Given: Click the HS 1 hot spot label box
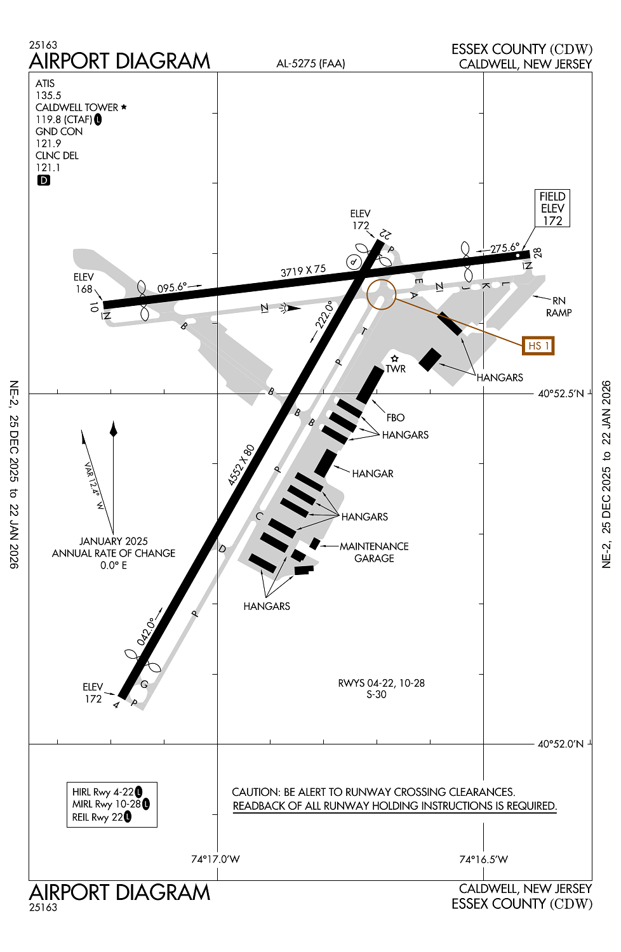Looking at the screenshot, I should tap(538, 346).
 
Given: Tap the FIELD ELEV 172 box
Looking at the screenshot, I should tap(552, 209).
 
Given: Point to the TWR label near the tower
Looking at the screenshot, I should tap(396, 369).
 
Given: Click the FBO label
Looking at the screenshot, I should tap(396, 418).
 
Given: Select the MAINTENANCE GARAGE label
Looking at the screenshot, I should tap(374, 552).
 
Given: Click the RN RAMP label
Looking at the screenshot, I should tap(559, 307).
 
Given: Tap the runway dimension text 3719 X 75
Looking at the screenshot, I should tap(303, 271).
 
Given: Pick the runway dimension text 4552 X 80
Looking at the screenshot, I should tap(241, 465).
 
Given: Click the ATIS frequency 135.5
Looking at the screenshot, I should tap(48, 95).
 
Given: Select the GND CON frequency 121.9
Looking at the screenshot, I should tap(48, 143).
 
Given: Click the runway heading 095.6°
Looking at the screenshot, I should tap(172, 288).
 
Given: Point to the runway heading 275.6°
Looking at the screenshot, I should tap(505, 248).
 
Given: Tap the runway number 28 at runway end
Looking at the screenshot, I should tap(538, 253).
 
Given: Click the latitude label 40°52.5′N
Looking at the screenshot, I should tap(561, 393).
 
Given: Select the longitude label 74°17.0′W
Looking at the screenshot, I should tap(215, 859).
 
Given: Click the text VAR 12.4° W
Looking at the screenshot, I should tap(93, 486).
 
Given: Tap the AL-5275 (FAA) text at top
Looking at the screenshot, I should tap(310, 63).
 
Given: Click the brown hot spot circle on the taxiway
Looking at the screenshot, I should tap(381, 294).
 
